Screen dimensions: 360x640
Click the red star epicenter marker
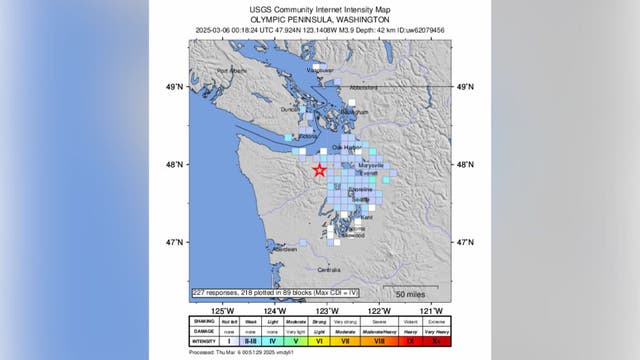(319, 170)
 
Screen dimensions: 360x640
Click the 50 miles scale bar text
(411, 293)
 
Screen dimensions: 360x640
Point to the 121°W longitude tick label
(432, 309)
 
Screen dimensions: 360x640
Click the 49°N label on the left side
(174, 88)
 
